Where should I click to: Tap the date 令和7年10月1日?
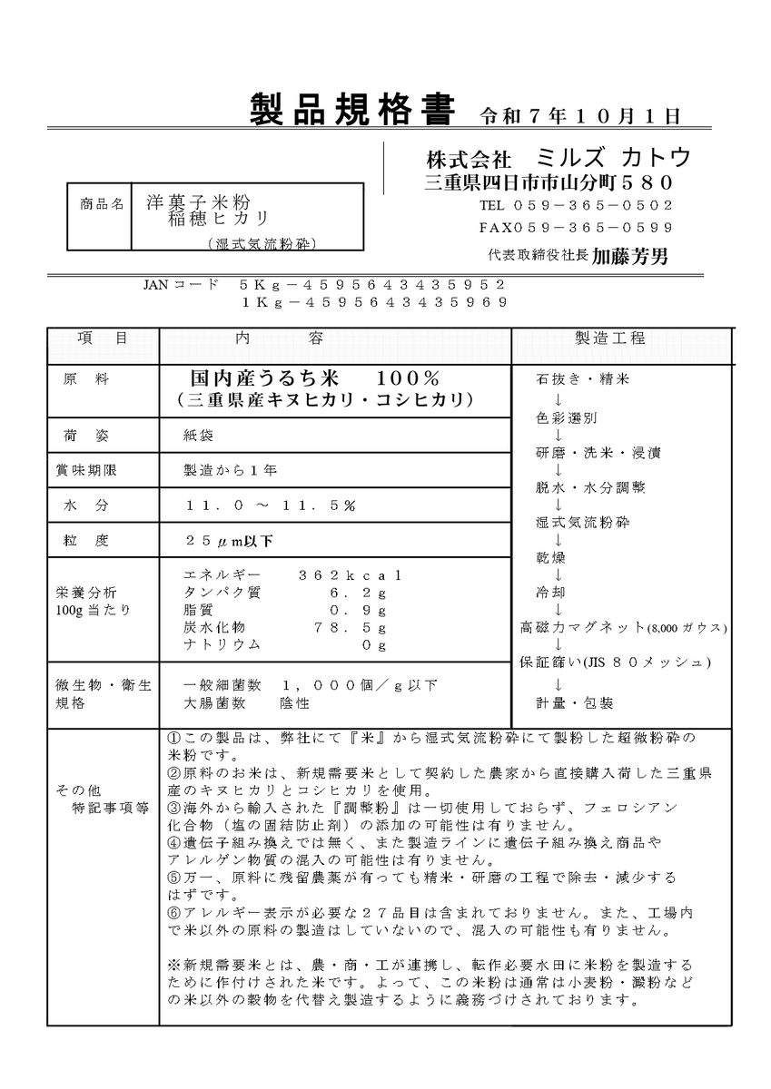[x=580, y=115]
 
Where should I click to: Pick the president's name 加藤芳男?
[x=629, y=257]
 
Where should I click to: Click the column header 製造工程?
[x=610, y=338]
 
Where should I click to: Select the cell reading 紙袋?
[x=199, y=436]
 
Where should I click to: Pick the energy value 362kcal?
[x=349, y=575]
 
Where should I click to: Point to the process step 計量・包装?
[x=574, y=701]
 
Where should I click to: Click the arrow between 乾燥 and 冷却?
[x=557, y=574]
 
